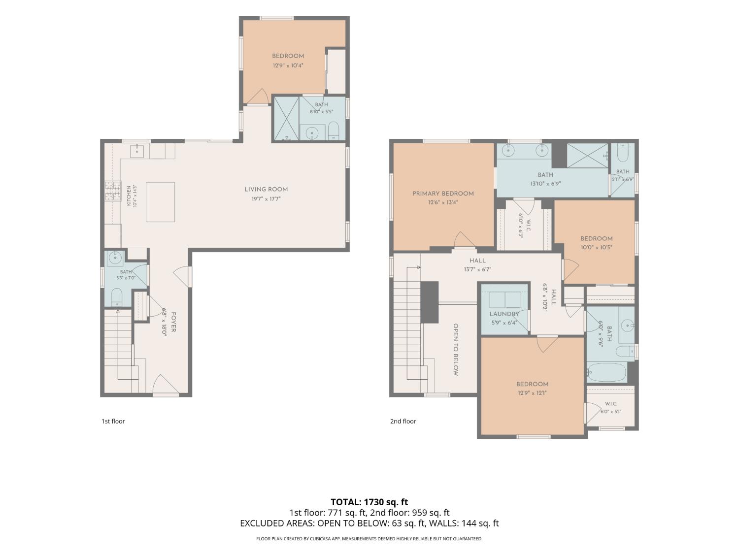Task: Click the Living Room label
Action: (266, 190)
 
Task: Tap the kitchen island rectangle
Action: (160, 202)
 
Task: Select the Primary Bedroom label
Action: (443, 194)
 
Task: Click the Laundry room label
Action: (504, 314)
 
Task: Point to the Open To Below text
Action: (456, 350)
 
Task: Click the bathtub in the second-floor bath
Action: (606, 372)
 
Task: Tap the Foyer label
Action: (174, 322)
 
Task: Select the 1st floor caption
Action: (113, 421)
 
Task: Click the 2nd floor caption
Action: (403, 421)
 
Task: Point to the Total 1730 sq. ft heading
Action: (369, 502)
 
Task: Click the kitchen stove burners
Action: (113, 191)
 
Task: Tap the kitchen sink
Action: (137, 151)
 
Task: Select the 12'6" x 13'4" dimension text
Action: (443, 202)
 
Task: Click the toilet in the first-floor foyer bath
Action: (116, 296)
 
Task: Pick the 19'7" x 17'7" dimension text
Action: (266, 199)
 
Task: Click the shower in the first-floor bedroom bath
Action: (286, 118)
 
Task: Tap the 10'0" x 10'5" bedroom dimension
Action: (596, 247)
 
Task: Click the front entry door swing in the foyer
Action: (166, 384)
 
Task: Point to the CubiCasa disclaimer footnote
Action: (369, 539)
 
